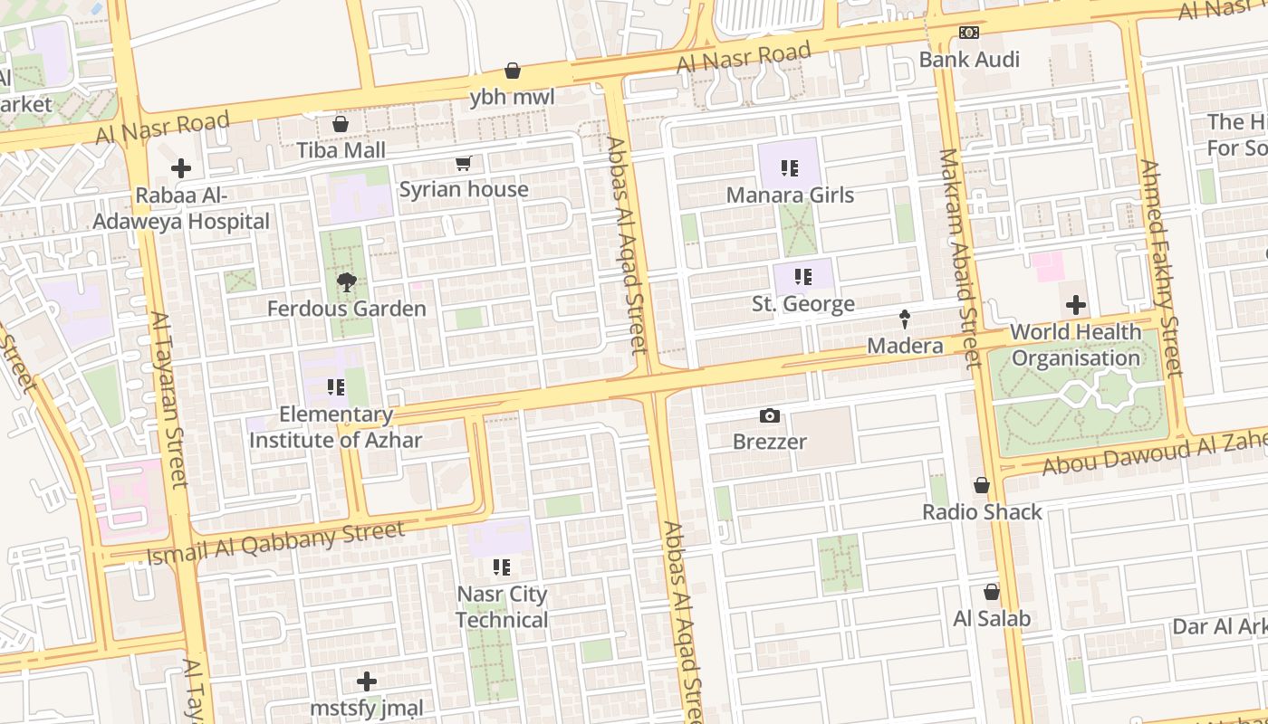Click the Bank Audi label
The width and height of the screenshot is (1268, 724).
click(969, 60)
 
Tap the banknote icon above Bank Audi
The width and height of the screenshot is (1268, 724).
click(969, 33)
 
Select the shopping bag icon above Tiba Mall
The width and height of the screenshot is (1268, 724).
click(341, 124)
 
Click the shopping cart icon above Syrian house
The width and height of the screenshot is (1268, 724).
click(464, 164)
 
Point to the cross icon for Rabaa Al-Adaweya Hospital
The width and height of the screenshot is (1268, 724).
click(181, 168)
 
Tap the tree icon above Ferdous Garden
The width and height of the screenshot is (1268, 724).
click(346, 283)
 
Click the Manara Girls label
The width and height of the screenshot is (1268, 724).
click(790, 195)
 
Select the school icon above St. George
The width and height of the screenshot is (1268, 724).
click(802, 277)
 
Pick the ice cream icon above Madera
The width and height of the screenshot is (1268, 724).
click(904, 319)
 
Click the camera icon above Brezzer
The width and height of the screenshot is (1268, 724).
click(770, 416)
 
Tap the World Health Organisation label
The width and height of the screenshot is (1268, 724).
click(1075, 345)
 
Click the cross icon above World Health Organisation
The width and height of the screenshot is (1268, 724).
click(1075, 305)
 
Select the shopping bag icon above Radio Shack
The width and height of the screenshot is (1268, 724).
click(982, 486)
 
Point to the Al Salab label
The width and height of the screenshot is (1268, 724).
click(992, 619)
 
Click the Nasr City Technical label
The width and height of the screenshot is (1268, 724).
click(502, 607)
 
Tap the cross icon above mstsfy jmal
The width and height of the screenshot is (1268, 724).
click(367, 681)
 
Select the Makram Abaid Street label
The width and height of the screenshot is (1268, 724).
click(959, 258)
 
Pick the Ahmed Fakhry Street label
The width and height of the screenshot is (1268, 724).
click(1160, 269)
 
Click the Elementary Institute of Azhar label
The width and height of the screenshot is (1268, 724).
click(336, 427)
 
